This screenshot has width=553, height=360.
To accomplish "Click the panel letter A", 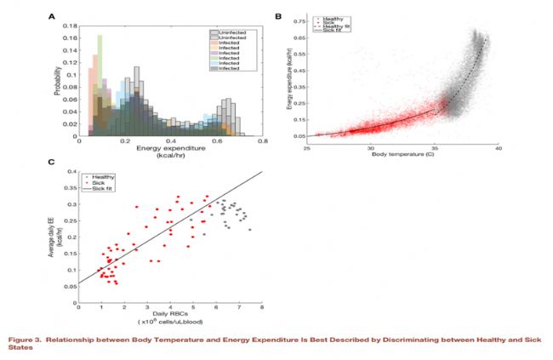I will click(53, 16).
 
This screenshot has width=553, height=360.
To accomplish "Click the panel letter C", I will click(53, 161).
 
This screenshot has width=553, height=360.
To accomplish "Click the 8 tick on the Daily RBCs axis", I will click(261, 308).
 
